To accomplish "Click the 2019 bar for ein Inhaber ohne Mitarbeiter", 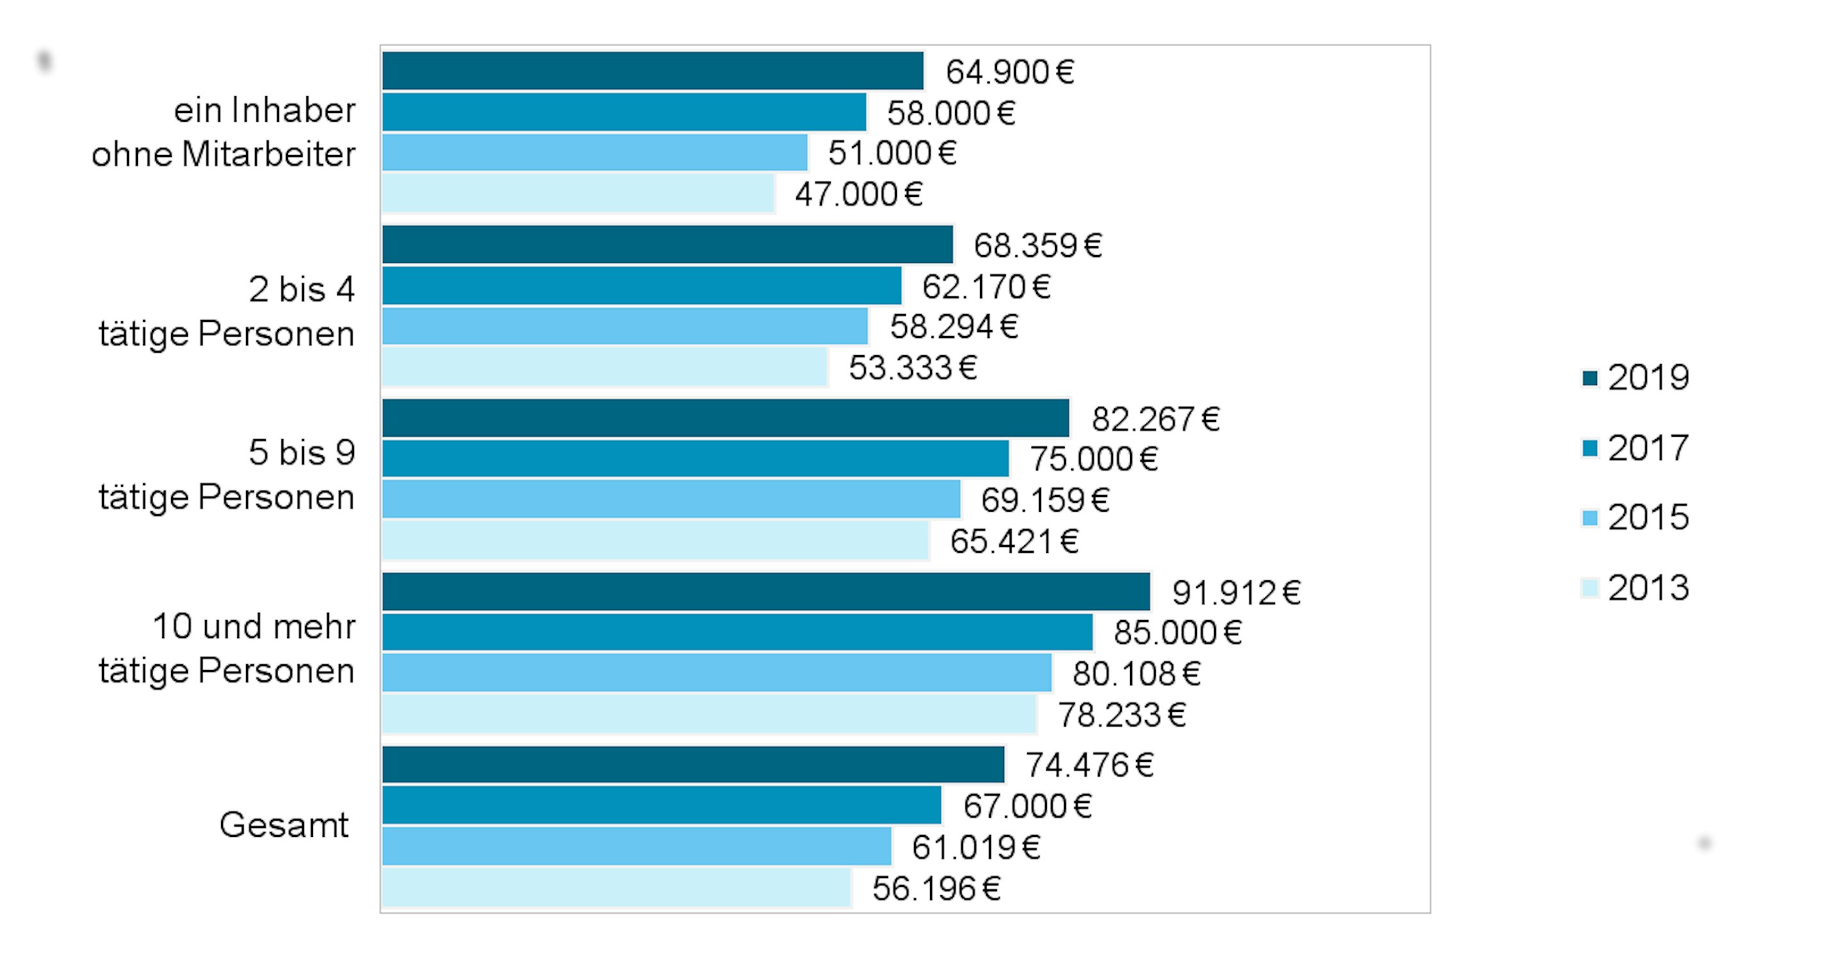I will [653, 71].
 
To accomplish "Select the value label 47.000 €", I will [858, 194].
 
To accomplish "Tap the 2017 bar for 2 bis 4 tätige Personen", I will [642, 285].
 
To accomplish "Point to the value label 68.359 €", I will [1038, 246].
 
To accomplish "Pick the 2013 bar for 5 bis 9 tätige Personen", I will [655, 541].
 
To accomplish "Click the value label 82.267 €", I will [1155, 419].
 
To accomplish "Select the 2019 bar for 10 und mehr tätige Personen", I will [766, 592].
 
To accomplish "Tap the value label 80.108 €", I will [1136, 673].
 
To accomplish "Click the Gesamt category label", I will [284, 825].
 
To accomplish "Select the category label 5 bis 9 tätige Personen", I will [227, 475].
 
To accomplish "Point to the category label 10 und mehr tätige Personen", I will [227, 648].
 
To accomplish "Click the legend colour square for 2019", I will [1590, 378].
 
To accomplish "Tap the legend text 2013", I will [1648, 588].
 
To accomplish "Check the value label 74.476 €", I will [1089, 765].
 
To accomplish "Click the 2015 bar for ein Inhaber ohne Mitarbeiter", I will [594, 153].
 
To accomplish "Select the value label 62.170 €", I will [986, 287].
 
